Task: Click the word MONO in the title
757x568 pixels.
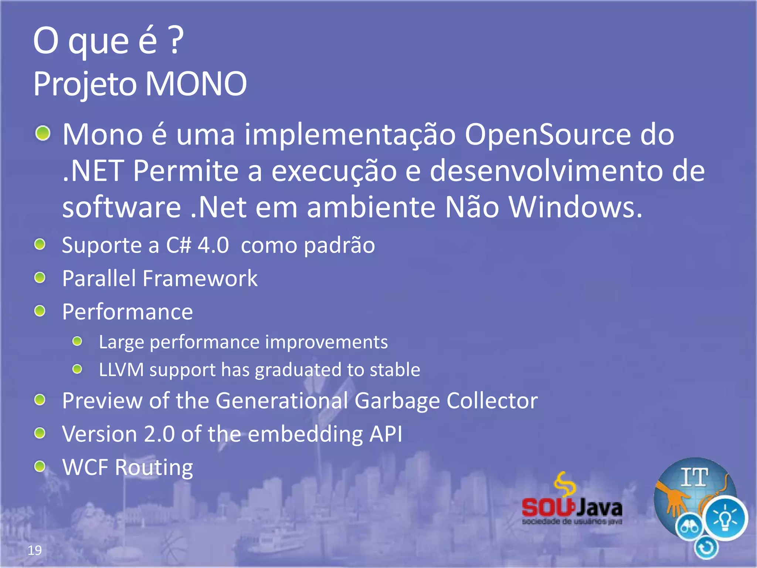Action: point(196,84)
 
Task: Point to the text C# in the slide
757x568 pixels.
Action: point(179,245)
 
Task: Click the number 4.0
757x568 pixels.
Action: point(213,245)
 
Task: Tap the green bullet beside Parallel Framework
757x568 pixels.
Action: point(40,277)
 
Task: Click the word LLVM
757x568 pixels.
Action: point(121,370)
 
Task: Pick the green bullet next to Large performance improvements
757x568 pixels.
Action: point(77,341)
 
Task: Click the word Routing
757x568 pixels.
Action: point(154,468)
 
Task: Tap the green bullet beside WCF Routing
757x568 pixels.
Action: point(40,466)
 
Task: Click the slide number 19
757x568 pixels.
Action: point(35,550)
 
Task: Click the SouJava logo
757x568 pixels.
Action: point(572,503)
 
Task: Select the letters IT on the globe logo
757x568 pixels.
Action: point(695,477)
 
